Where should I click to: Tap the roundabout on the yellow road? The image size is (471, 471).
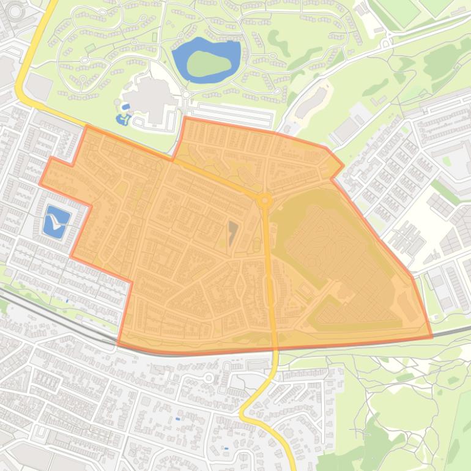click(x=265, y=199)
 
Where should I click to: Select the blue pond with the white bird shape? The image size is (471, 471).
click(x=57, y=221)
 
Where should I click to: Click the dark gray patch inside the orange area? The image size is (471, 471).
click(x=232, y=233)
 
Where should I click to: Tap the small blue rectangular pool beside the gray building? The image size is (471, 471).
click(x=125, y=107)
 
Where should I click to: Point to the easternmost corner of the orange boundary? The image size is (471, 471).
click(x=432, y=336)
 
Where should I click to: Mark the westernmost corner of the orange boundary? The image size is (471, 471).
click(x=40, y=183)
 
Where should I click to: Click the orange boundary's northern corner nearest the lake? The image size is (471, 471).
click(x=185, y=118)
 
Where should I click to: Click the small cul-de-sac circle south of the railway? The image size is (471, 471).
click(x=209, y=377)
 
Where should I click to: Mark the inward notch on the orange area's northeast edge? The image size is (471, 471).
click(x=332, y=179)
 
